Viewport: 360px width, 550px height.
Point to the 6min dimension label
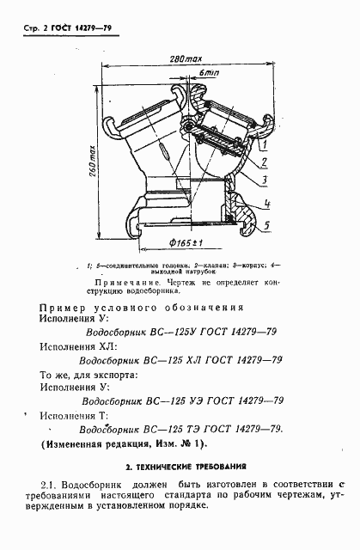[x=206, y=76]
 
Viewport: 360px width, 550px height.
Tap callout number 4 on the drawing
[x=269, y=205]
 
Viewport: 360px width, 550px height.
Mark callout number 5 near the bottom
[x=269, y=225]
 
